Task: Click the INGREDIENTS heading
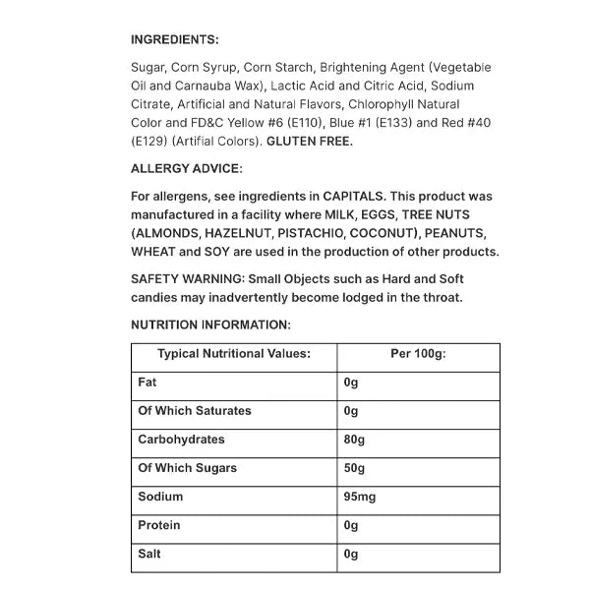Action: pos(174,39)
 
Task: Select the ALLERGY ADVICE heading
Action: pos(186,168)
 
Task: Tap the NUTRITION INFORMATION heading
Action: pos(210,324)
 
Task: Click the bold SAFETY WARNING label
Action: pos(188,279)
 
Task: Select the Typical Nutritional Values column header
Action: pos(234,354)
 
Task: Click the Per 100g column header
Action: pos(418,354)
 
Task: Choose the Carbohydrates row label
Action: pos(181,440)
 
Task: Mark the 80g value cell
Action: pos(354,440)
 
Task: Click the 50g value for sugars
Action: pos(354,468)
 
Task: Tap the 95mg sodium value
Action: pos(360,497)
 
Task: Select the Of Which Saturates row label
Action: pos(194,411)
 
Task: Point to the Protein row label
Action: pos(159,525)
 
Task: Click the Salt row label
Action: pos(149,554)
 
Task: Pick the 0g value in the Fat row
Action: pos(351,383)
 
